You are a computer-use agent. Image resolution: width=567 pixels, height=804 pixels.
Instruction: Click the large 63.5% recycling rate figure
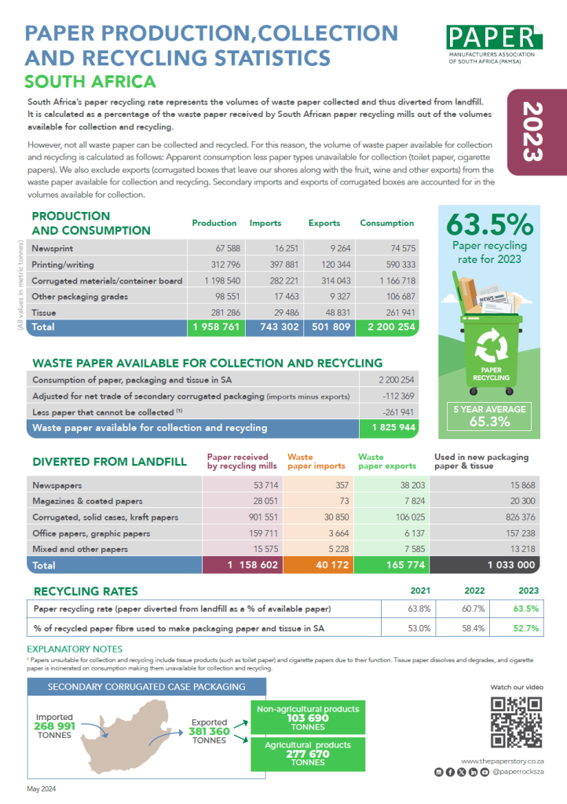click(489, 225)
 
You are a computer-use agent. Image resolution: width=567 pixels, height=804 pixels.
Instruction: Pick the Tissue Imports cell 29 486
click(273, 311)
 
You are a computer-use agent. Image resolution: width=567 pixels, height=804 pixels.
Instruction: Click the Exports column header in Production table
click(324, 223)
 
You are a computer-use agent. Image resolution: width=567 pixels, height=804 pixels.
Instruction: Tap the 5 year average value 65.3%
click(489, 422)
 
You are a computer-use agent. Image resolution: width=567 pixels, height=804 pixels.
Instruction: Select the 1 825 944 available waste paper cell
click(389, 429)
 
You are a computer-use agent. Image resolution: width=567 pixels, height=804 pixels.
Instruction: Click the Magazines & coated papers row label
click(87, 501)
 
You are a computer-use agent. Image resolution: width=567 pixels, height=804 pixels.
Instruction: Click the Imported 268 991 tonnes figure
click(54, 726)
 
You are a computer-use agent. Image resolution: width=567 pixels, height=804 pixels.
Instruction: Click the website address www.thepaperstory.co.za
click(503, 762)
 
